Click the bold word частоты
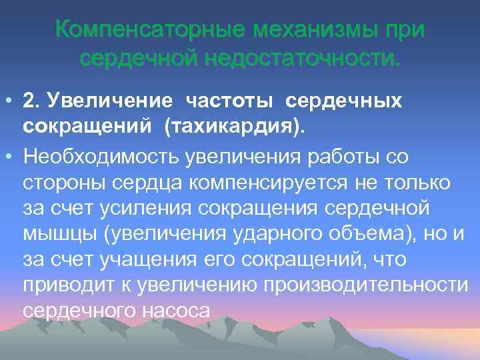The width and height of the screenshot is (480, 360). click(230, 101)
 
